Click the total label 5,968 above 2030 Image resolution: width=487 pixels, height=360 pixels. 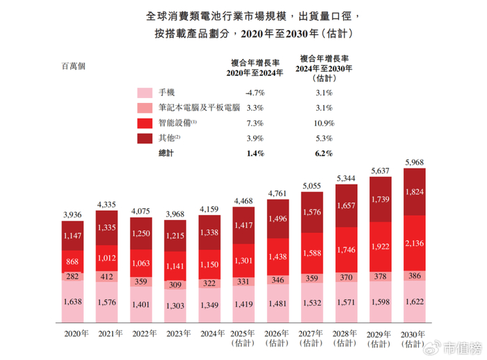coord(415,164)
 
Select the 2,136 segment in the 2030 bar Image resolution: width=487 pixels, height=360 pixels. coord(415,243)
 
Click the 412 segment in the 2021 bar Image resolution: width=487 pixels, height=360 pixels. coord(107,277)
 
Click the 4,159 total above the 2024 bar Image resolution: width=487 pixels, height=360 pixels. coord(209,208)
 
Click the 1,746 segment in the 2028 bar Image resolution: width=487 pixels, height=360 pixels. coord(346,249)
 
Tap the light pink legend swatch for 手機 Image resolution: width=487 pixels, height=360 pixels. coord(145,93)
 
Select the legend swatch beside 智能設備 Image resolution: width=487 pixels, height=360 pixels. coord(145,123)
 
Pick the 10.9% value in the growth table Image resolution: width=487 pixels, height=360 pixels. coord(325,123)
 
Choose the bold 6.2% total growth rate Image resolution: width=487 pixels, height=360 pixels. coord(325,152)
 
